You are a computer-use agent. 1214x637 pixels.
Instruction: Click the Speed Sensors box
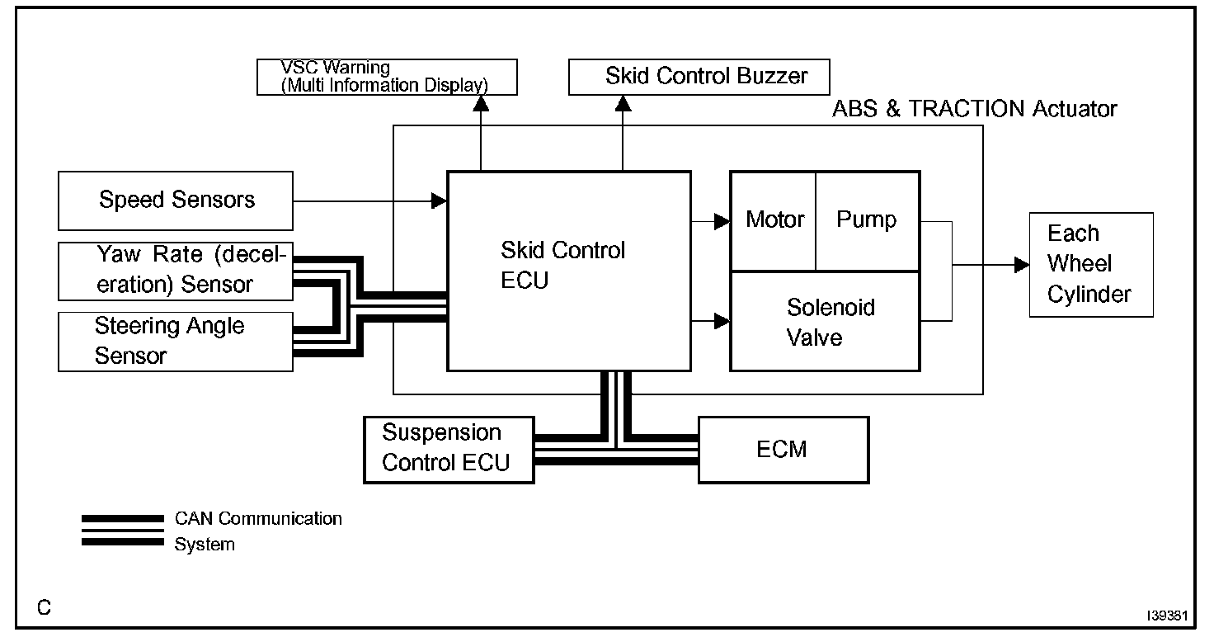click(175, 201)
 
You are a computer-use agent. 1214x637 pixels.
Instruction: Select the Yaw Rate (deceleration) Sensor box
click(175, 271)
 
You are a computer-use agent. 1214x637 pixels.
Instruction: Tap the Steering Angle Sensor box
click(175, 341)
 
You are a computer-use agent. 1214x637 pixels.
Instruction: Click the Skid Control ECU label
click(563, 265)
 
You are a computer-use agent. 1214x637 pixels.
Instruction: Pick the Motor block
click(774, 220)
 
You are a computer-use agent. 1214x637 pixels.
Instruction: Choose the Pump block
click(866, 220)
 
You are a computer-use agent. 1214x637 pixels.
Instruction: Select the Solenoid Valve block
click(826, 322)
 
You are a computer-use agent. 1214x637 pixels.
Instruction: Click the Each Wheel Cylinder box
click(1090, 264)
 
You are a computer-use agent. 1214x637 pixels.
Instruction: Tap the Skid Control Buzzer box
click(699, 77)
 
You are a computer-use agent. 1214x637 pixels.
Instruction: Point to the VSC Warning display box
click(387, 77)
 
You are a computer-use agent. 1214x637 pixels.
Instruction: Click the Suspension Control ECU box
click(449, 448)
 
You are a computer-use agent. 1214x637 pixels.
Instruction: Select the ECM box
click(783, 449)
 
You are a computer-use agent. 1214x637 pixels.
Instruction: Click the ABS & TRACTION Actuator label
click(974, 109)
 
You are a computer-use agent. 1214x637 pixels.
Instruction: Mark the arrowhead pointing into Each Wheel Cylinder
click(1022, 265)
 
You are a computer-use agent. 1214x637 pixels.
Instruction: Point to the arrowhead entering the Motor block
click(722, 221)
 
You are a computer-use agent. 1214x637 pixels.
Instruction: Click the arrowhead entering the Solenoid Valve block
click(722, 321)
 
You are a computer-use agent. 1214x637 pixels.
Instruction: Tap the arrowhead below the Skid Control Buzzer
click(623, 103)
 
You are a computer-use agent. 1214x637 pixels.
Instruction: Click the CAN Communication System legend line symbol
click(123, 531)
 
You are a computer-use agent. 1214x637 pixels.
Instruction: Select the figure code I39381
click(1165, 616)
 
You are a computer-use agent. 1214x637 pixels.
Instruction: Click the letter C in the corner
click(45, 608)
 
